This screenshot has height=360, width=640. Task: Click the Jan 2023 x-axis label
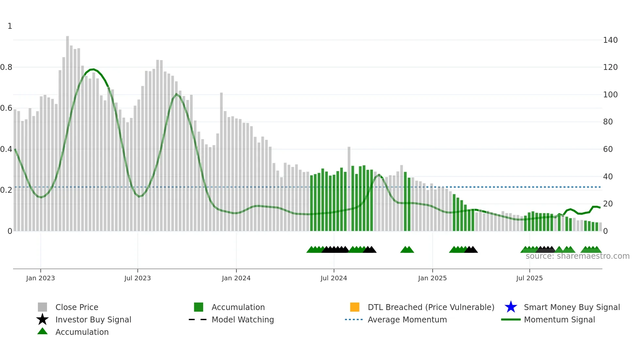40,278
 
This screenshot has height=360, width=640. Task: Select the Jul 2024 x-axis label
334,278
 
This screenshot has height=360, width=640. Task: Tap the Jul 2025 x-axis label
529,278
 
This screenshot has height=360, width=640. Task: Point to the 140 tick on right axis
610,40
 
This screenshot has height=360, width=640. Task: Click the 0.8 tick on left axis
7,67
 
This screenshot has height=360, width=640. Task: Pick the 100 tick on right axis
610,95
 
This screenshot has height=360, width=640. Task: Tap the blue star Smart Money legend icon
511,307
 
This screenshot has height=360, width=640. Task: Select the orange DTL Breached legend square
355,307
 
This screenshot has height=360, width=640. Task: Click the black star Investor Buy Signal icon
42,319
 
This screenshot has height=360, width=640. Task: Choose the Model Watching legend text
243,319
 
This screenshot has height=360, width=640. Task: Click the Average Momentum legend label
407,319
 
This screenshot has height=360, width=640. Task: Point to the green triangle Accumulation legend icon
42,331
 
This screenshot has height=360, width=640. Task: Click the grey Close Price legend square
42,307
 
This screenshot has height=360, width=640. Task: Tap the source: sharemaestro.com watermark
577,256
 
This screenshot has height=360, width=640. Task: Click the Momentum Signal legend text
559,319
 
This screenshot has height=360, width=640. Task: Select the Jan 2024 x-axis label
236,278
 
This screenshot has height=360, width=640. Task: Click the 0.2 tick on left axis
7,190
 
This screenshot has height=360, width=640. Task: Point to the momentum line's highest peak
93,69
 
